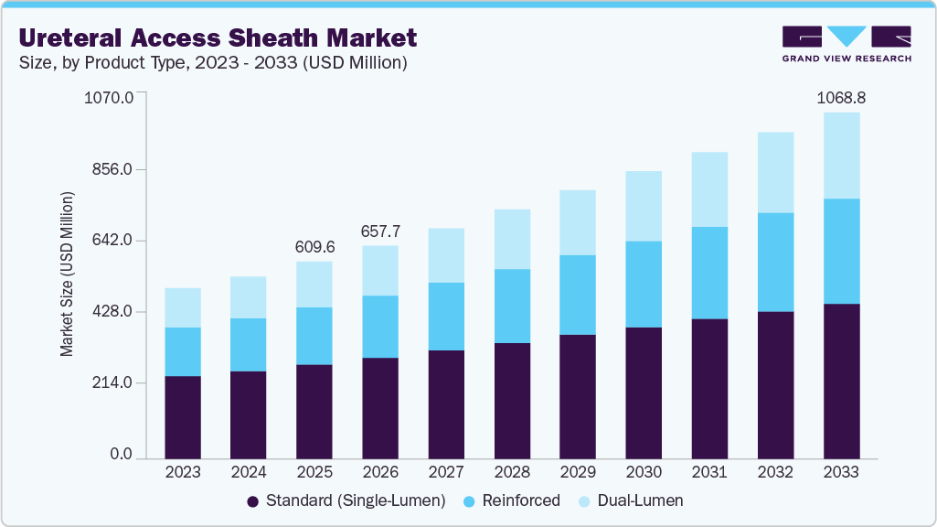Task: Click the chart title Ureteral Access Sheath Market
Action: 218,38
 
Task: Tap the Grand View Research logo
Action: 846,43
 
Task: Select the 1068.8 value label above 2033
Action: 841,96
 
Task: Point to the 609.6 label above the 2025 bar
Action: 314,247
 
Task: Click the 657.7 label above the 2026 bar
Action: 380,231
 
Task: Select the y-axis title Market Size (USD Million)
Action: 67,274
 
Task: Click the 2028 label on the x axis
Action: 512,472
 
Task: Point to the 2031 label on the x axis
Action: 709,472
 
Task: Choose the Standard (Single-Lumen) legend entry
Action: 346,500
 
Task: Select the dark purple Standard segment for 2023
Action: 183,416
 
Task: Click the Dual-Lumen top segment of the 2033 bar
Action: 841,156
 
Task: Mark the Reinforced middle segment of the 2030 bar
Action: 644,285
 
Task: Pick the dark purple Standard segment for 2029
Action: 578,396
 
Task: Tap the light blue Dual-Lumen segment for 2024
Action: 249,297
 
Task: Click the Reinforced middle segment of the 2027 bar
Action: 446,317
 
